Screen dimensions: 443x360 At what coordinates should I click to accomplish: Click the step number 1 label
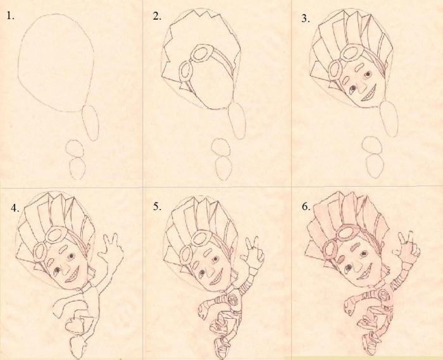tap(11, 16)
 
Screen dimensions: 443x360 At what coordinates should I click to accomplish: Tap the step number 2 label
tap(157, 16)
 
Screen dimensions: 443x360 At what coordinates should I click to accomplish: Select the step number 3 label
tap(306, 18)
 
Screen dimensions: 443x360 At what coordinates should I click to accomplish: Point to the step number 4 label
tap(15, 208)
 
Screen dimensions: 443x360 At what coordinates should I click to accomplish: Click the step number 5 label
tap(157, 207)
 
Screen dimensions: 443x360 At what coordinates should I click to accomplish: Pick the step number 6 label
tap(306, 207)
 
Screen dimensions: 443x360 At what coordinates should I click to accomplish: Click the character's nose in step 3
tap(359, 87)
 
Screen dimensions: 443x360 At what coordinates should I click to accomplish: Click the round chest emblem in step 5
tap(232, 298)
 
